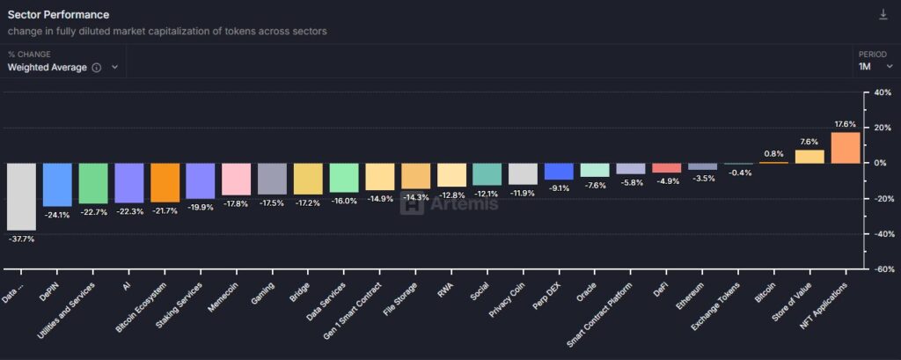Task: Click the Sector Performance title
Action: point(59,15)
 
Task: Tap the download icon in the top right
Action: point(883,15)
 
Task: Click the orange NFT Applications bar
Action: point(846,147)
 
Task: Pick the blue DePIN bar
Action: point(57,184)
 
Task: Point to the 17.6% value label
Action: point(845,124)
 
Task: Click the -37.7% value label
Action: point(21,239)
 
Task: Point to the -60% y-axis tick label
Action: point(880,270)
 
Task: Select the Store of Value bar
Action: point(809,157)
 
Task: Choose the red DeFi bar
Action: point(666,168)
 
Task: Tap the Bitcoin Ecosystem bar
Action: point(165,182)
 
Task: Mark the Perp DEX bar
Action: point(559,171)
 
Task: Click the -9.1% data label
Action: point(559,187)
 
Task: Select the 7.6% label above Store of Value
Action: point(809,142)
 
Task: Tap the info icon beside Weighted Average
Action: point(97,68)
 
